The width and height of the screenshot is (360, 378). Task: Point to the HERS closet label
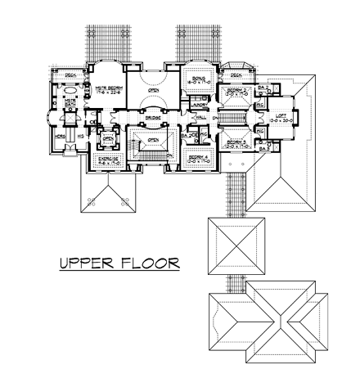[59, 137]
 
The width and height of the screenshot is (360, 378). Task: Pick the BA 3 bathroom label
[264, 149]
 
